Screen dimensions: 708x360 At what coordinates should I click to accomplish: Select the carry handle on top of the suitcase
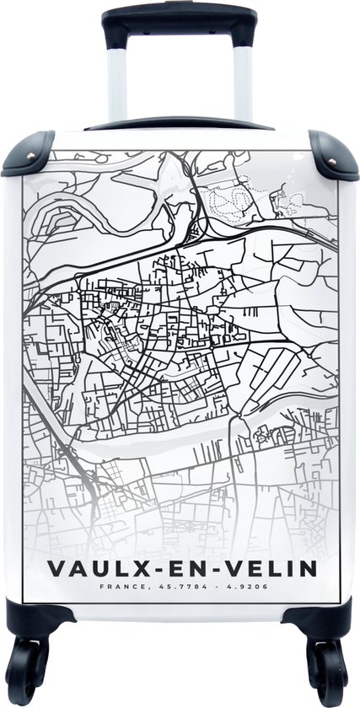coord(180,123)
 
